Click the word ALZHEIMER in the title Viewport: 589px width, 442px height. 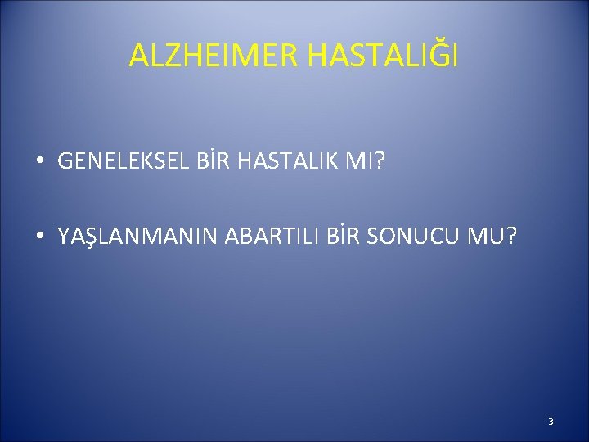pyautogui.click(x=215, y=56)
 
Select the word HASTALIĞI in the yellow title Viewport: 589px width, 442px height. pyautogui.click(x=384, y=56)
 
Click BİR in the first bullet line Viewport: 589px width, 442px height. pyautogui.click(x=209, y=162)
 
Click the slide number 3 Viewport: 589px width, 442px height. pyautogui.click(x=551, y=422)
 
